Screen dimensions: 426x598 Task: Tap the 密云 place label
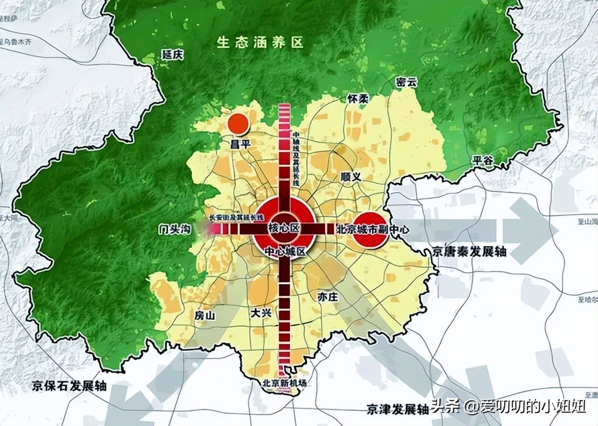coord(405,83)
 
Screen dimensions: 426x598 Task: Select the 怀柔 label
coord(358,99)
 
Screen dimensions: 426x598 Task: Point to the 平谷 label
coord(482,160)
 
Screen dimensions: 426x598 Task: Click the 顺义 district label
coord(352,177)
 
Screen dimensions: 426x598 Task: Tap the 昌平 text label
coord(241,145)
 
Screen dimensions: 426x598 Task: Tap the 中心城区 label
coord(285,251)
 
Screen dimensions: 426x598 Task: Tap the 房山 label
coord(205,316)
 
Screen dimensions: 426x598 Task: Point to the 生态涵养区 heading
coord(260,43)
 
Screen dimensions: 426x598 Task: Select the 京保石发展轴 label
coord(70,386)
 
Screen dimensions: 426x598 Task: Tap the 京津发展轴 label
coord(398,409)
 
